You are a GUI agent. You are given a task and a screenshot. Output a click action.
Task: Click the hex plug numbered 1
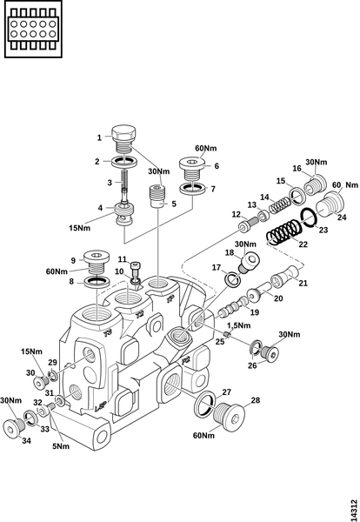pyautogui.click(x=123, y=139)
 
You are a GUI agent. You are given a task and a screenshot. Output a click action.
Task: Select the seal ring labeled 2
pyautogui.click(x=123, y=162)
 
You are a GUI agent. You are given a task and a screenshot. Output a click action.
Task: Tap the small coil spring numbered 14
pyautogui.click(x=280, y=204)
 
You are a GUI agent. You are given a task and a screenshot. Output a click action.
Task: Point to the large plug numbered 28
pyautogui.click(x=229, y=417)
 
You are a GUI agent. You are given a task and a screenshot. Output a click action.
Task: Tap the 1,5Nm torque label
pyautogui.click(x=238, y=325)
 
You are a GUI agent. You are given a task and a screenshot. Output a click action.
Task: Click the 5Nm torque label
pyautogui.click(x=61, y=446)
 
